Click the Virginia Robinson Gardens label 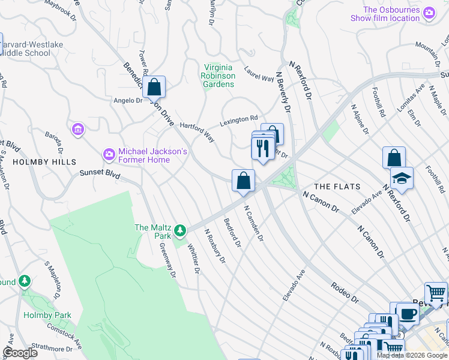tap(218, 76)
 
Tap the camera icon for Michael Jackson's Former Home tap(109, 155)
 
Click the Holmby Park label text tap(47, 315)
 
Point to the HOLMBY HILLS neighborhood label tap(45, 162)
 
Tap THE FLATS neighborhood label tap(337, 187)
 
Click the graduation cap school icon tap(402, 178)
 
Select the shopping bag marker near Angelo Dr tap(154, 87)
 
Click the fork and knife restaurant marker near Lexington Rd tap(262, 148)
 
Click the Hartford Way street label tap(197, 130)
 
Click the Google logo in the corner tap(20, 353)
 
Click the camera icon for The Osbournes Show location tap(429, 13)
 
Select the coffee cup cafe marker tap(409, 313)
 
